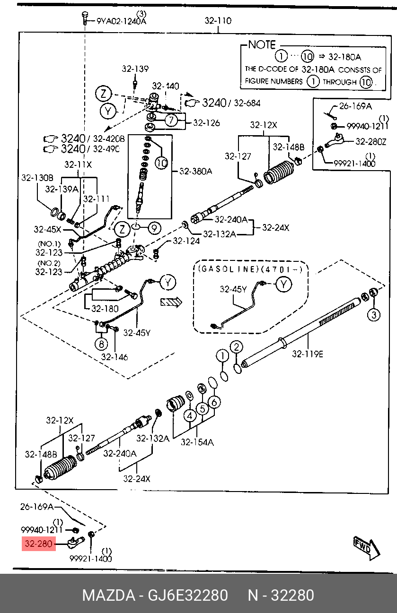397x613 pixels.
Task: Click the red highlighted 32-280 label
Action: coord(39,544)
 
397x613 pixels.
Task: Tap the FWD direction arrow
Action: coord(367,548)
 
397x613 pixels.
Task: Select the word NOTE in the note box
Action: coord(262,44)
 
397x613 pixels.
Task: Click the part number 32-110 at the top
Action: coord(218,20)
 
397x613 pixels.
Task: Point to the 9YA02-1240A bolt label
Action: coord(121,21)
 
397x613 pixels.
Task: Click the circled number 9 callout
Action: coord(155,228)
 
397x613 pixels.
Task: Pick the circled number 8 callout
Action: coord(101,344)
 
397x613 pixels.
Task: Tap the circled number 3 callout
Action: coord(374,315)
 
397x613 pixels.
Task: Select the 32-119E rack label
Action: coord(308,354)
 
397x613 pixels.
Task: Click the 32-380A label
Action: coord(195,171)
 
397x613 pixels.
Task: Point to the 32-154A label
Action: coord(197,442)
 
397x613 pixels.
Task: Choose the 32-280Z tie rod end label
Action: coord(371,141)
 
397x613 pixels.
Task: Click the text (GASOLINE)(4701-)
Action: coord(250,269)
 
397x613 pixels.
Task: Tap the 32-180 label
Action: coord(105,309)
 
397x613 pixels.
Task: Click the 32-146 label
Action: coord(115,357)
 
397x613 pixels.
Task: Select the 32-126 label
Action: coord(206,123)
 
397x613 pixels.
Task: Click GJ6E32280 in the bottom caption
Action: coord(188,596)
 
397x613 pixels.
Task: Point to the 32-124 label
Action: coord(186,241)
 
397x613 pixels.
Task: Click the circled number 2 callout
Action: coord(237,347)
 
